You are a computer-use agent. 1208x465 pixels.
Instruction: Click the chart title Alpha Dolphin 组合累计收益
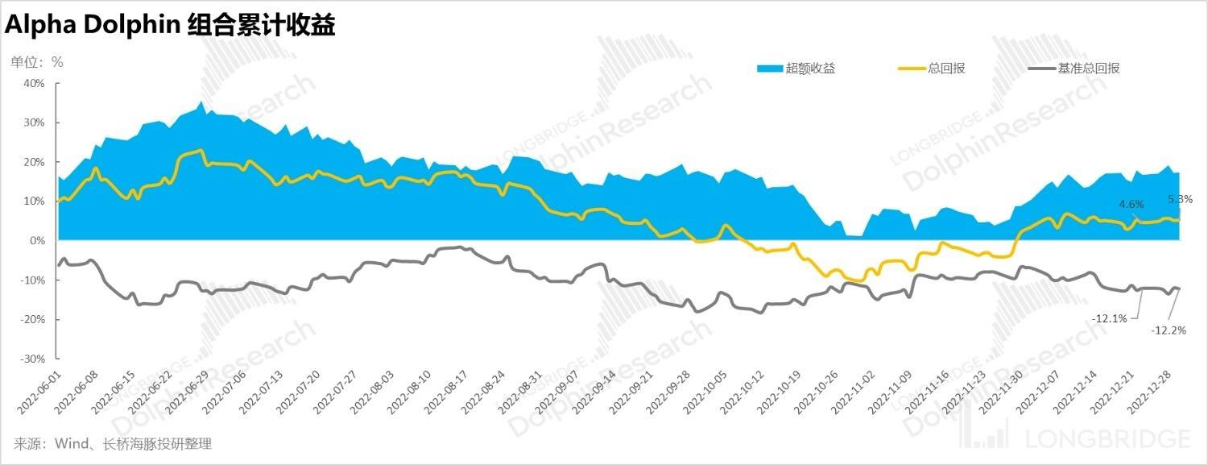click(170, 26)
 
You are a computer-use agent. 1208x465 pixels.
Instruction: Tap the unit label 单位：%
click(36, 61)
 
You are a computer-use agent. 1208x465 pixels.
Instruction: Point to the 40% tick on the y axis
click(34, 83)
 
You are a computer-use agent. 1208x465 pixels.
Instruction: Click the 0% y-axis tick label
click(37, 240)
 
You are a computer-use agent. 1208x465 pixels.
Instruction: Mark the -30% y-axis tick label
click(32, 359)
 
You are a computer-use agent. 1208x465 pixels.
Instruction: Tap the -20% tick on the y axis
click(32, 319)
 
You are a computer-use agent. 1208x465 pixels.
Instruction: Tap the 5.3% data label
click(1180, 198)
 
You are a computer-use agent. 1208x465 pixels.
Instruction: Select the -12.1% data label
click(1109, 318)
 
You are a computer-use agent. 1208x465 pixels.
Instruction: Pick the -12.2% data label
click(1169, 330)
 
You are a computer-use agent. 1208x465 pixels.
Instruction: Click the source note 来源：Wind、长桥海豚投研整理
click(113, 444)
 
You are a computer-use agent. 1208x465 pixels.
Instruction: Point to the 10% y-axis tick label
click(34, 201)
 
